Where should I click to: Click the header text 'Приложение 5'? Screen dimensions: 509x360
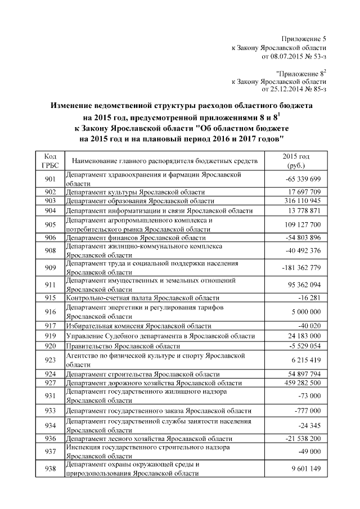(x=303, y=39)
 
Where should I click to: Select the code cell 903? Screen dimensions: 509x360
(x=49, y=201)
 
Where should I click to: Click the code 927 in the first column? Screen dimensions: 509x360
(x=49, y=382)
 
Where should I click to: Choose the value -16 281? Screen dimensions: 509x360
(x=309, y=298)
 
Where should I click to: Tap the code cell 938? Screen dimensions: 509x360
(x=49, y=469)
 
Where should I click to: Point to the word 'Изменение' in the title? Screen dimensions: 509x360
(x=77, y=106)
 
